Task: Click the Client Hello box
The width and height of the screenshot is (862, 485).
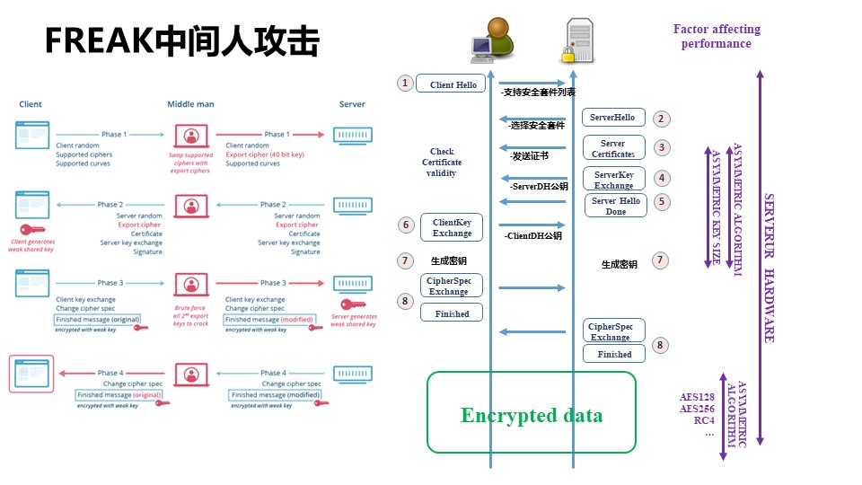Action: tap(453, 84)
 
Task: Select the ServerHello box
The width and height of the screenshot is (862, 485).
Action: tap(613, 118)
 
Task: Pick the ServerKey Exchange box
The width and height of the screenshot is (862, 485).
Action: tap(613, 179)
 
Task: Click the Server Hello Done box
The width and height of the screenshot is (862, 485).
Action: tap(616, 206)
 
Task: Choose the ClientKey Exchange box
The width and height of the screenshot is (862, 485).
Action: tap(452, 227)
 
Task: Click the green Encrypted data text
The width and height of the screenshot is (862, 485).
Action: tap(532, 415)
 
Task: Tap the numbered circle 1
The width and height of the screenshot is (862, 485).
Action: tap(405, 84)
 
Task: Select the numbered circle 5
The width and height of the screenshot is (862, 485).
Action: tap(662, 201)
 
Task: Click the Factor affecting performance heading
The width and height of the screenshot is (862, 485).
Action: tap(717, 36)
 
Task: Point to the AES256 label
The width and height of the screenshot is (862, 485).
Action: tap(697, 409)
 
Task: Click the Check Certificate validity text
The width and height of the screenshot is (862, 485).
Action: tap(442, 163)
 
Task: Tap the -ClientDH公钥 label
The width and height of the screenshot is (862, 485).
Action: tap(532, 236)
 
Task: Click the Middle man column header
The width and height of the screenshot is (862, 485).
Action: tap(190, 104)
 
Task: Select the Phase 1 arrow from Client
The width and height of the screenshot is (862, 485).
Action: tap(112, 135)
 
